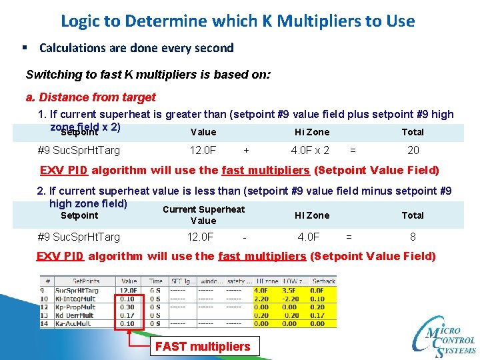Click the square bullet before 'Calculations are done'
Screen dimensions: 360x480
(x=24, y=48)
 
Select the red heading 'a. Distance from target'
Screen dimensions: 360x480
(x=90, y=97)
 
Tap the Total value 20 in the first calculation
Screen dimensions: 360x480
(x=413, y=151)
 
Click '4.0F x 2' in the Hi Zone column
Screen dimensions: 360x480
(x=310, y=151)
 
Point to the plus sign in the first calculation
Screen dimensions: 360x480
(x=247, y=151)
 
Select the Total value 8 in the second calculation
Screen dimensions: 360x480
(x=413, y=237)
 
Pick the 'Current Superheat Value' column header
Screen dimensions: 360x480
(x=203, y=215)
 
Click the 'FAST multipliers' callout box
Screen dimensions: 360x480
(x=203, y=346)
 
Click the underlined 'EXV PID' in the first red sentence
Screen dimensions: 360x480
(x=63, y=170)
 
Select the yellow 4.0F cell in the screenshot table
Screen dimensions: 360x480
(x=261, y=291)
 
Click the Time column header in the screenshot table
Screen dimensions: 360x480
(x=155, y=281)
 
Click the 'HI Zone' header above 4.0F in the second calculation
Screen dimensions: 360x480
(x=312, y=215)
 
